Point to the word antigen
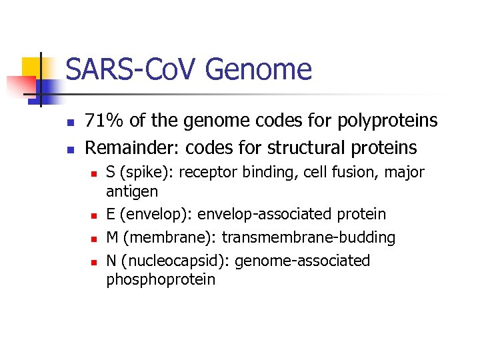132,192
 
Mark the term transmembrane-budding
309,238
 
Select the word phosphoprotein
161,279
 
